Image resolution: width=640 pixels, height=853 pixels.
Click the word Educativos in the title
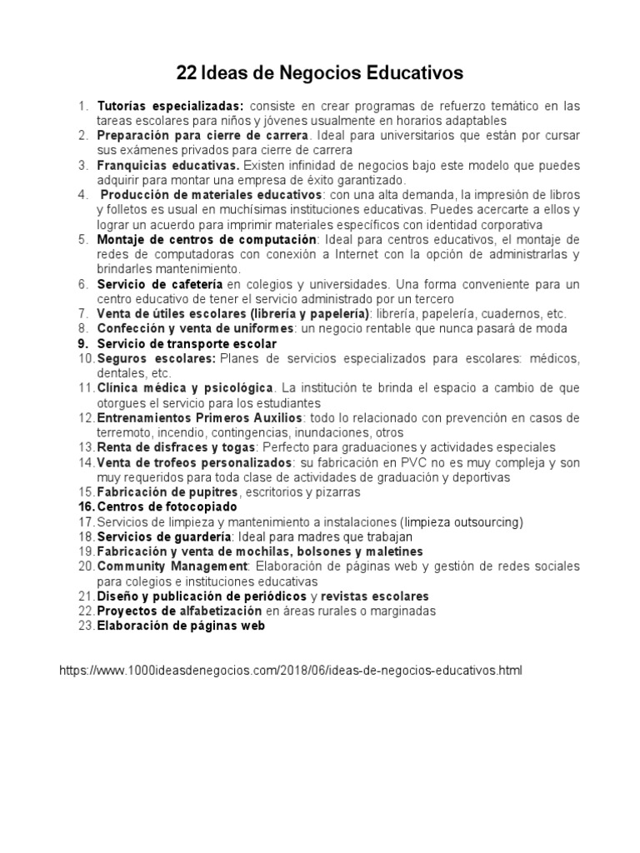tap(415, 74)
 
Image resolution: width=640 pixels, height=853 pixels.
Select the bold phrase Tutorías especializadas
tap(170, 107)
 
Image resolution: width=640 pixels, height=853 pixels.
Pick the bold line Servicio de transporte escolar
tap(187, 343)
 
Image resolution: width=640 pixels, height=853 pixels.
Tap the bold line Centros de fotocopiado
tap(167, 506)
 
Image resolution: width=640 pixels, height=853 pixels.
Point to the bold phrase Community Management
tap(172, 566)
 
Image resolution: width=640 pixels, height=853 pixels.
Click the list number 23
tap(86, 626)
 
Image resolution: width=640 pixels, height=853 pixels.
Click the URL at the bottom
tap(291, 669)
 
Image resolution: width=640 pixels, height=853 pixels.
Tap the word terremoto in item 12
tap(124, 432)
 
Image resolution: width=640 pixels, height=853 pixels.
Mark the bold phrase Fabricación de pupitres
tap(167, 491)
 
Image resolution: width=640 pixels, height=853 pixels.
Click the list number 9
tap(82, 343)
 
